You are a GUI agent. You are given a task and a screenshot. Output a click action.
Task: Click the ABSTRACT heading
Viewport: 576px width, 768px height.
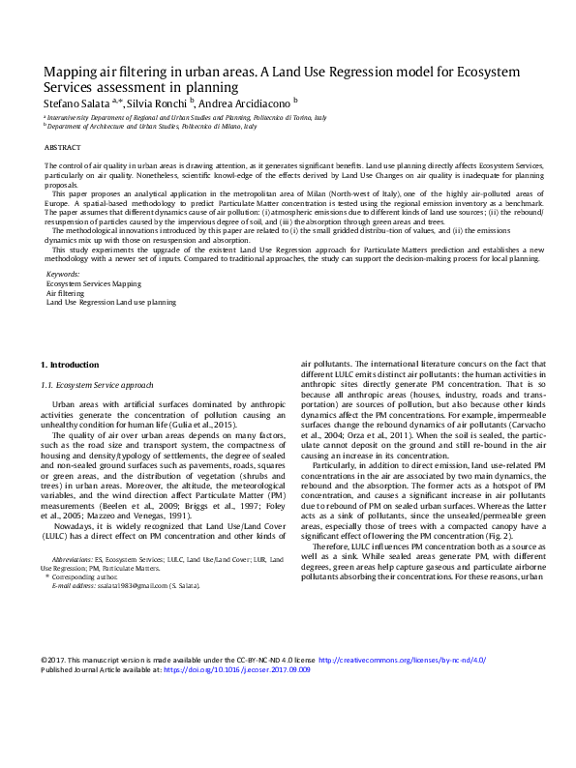point(64,148)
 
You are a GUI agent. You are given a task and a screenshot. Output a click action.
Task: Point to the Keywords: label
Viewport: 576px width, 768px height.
point(64,274)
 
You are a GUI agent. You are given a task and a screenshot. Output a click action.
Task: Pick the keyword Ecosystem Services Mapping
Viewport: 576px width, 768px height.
point(93,283)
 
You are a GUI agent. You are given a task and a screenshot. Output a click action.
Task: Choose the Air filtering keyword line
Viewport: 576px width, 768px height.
point(66,293)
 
